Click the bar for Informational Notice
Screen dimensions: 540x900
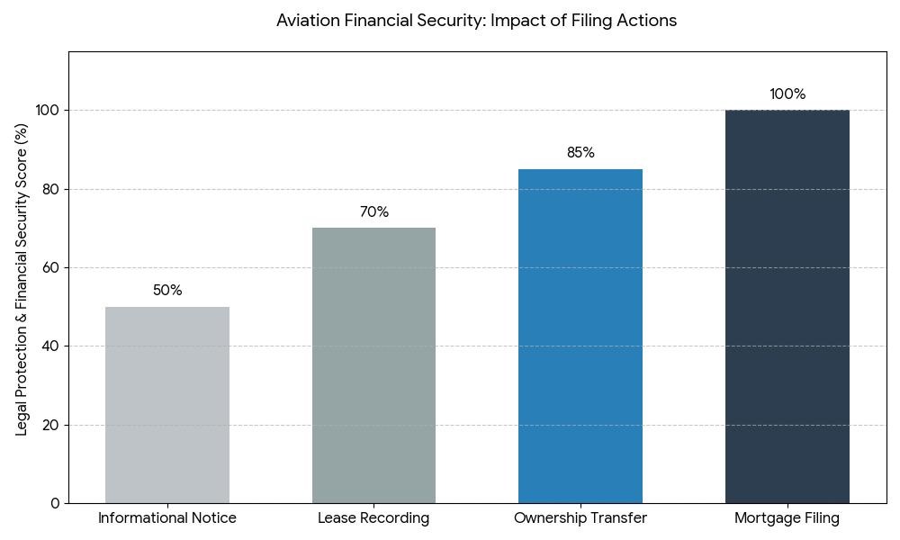tap(167, 405)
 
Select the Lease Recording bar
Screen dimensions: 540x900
tap(373, 365)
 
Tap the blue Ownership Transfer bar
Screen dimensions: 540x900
tap(580, 336)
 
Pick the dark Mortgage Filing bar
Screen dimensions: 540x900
tap(787, 306)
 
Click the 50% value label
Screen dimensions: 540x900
tap(167, 291)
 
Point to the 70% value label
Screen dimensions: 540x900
tap(374, 212)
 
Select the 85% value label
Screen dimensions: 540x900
tap(580, 153)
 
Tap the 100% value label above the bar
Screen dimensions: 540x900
tap(787, 94)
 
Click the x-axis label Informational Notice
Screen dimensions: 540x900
tap(167, 518)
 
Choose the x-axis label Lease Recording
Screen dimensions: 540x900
tap(373, 518)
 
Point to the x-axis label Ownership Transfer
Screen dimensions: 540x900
tap(580, 518)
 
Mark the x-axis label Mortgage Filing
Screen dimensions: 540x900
tap(787, 518)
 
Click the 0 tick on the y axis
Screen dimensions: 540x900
tap(55, 503)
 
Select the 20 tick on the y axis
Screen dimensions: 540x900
tap(51, 425)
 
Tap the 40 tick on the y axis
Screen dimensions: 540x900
tap(51, 346)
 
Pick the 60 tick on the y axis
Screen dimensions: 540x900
tap(51, 267)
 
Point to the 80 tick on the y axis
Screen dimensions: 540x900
tap(51, 189)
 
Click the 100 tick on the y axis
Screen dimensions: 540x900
tap(48, 111)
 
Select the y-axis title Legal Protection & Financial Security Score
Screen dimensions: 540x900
tap(22, 279)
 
